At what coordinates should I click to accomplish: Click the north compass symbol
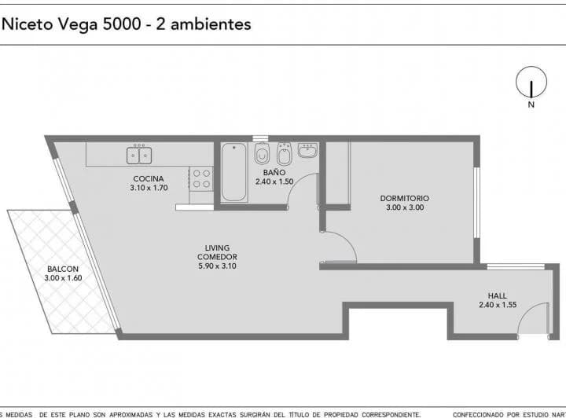coord(531,83)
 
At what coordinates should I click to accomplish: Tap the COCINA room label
coord(149,178)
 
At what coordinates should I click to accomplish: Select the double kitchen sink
coord(140,155)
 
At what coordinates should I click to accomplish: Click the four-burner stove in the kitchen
coord(201,178)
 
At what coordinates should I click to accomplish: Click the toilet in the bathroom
coord(263,153)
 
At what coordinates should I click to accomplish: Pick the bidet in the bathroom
coord(285,154)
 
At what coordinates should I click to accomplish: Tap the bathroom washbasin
coord(307,149)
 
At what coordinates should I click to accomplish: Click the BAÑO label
coord(274,172)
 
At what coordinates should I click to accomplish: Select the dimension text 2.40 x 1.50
coord(274,181)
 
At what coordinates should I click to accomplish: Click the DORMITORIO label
coord(404,198)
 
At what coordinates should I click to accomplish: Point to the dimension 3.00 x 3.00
coord(404,207)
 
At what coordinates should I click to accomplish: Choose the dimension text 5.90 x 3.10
coord(217,266)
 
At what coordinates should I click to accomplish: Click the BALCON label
coord(63,268)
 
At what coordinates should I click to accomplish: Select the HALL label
coord(497,295)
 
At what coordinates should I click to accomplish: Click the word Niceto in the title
coord(28,24)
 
